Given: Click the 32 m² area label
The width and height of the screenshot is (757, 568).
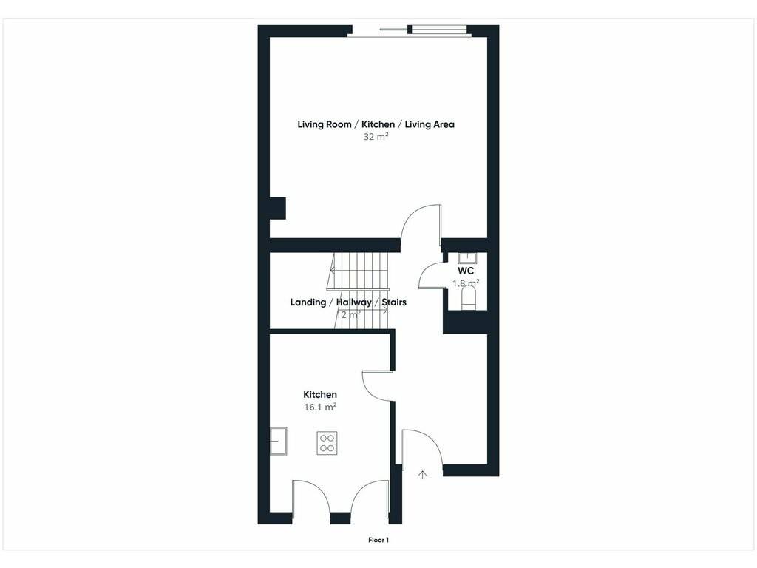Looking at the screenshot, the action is [x=376, y=137].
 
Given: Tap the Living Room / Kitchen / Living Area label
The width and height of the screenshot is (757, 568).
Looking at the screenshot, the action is [x=376, y=124].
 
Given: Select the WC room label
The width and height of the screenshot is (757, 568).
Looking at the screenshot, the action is [x=466, y=271].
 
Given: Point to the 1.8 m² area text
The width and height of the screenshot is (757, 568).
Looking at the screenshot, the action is [x=466, y=283].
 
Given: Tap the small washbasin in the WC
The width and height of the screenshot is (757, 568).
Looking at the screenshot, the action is [x=467, y=257].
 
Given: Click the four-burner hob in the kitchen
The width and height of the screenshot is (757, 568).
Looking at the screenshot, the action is [x=327, y=443].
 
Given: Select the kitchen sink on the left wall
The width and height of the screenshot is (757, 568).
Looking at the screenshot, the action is [x=279, y=441].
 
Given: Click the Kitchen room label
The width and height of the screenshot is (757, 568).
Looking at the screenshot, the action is [x=320, y=395].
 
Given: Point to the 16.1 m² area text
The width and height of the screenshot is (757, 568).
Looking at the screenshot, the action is [x=320, y=408].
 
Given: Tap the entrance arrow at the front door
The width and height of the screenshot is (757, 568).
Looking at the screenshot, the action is [x=422, y=474].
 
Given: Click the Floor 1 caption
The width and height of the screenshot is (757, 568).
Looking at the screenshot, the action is [x=378, y=540].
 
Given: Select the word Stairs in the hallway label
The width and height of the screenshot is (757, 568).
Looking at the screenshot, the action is [x=394, y=302].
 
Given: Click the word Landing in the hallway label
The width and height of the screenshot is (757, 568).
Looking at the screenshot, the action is [x=308, y=302].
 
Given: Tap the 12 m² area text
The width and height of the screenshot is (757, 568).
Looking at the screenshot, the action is [x=348, y=315].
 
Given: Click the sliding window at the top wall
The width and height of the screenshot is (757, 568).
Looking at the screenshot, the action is [x=409, y=31].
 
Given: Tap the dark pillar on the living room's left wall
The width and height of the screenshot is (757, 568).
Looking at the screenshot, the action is [x=278, y=208].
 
